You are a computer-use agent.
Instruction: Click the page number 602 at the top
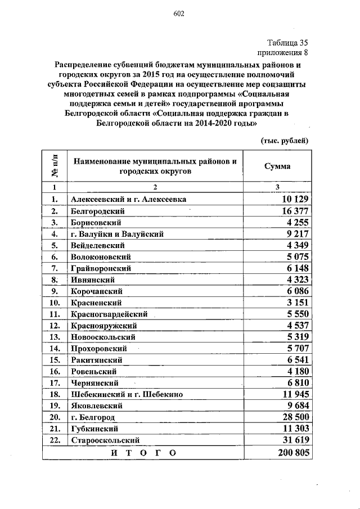pyautogui.click(x=179, y=14)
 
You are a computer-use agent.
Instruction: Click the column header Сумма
pyautogui.click(x=277, y=167)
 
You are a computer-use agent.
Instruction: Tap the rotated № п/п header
pyautogui.click(x=55, y=166)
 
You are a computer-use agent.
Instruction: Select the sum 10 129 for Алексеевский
pyautogui.click(x=294, y=200)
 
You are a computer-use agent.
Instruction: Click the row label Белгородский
pyautogui.click(x=98, y=211)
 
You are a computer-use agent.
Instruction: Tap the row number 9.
pyautogui.click(x=55, y=291)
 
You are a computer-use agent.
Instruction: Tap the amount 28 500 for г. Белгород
pyautogui.click(x=294, y=417)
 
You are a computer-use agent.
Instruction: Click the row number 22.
pyautogui.click(x=55, y=440)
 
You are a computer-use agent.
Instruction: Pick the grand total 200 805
pyautogui.click(x=292, y=453)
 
